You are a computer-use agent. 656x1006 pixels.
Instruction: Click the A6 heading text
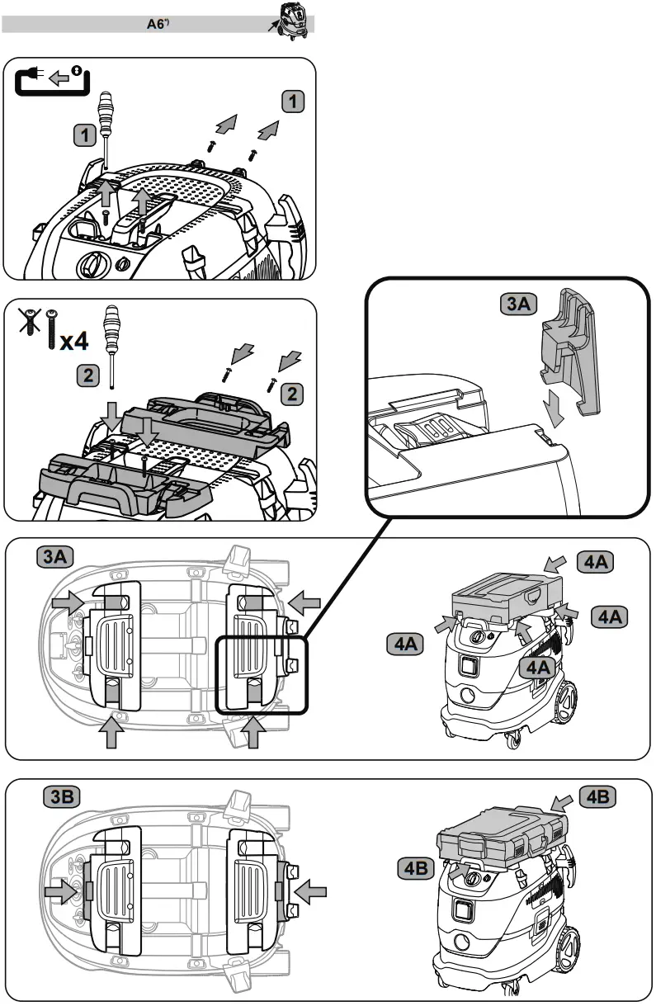[158, 26]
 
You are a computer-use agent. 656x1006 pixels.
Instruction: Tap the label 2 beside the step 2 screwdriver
[86, 375]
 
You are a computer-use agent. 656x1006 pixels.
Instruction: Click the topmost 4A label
[596, 562]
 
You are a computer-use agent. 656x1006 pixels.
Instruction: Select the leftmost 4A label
[406, 643]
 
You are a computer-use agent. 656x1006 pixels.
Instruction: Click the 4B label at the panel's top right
[597, 797]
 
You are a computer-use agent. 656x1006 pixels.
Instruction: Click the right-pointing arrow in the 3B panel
[59, 892]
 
